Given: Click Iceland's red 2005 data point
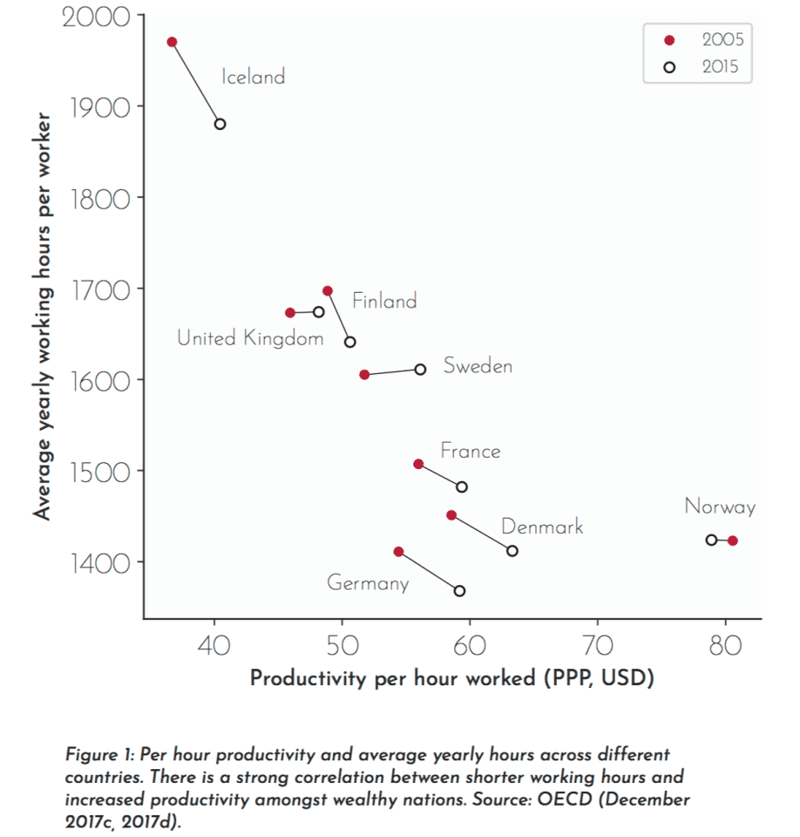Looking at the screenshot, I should tap(172, 42).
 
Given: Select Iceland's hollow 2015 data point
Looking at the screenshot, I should tap(220, 124).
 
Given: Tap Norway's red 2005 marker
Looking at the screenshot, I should tap(732, 541).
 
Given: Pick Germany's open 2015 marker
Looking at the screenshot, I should tap(459, 591).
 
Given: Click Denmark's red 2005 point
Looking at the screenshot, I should tap(451, 515).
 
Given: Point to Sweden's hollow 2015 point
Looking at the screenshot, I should tap(420, 369).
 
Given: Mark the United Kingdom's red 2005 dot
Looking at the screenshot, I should tap(290, 312).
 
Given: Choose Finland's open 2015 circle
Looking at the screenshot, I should tap(349, 342).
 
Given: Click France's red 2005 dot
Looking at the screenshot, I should tap(418, 464).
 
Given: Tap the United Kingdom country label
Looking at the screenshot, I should tap(250, 338).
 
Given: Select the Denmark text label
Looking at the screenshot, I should tap(542, 527).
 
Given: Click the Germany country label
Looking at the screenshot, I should tap(368, 583).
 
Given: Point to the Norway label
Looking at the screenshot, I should tap(720, 507).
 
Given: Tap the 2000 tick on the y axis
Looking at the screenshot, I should tap(97, 17).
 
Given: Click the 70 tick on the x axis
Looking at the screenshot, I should tap(597, 646).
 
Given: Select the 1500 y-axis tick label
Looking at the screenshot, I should tap(97, 472).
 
